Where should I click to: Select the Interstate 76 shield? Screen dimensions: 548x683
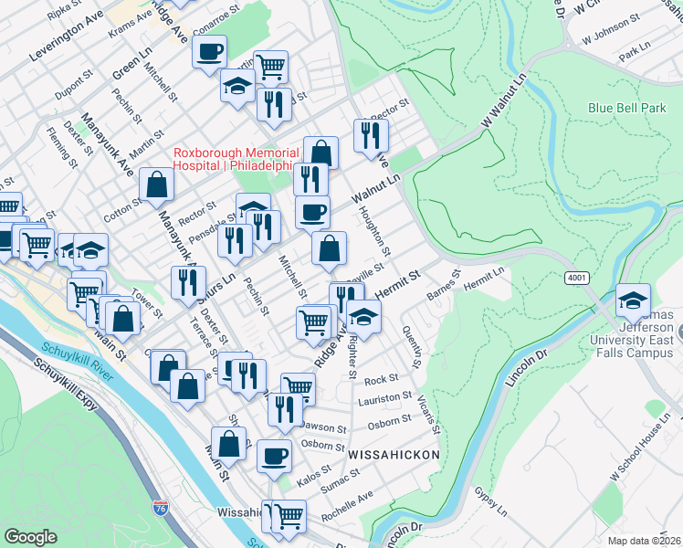[x=162, y=505]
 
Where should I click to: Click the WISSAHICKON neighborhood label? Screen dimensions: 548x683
[x=394, y=454]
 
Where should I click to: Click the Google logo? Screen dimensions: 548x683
[x=30, y=537]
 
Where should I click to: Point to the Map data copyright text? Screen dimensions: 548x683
[x=645, y=540]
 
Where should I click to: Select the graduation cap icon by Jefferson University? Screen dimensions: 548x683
[x=633, y=299]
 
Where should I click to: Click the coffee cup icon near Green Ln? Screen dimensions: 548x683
[x=209, y=51]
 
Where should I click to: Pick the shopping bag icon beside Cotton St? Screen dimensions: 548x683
[x=157, y=184]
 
